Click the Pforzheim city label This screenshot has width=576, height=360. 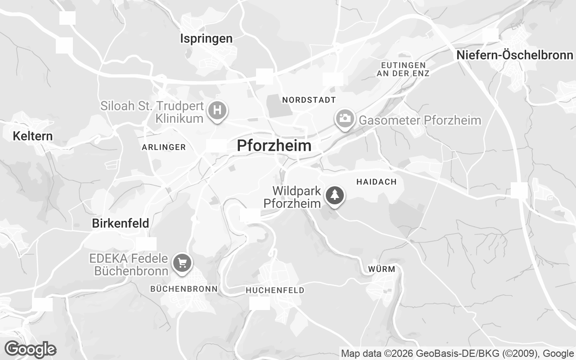click(274, 145)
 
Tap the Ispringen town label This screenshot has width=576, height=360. click(206, 39)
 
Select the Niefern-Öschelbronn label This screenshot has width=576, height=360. click(515, 55)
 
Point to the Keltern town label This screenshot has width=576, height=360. click(33, 136)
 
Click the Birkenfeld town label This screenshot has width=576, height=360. click(120, 223)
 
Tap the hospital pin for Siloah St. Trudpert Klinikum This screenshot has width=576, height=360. click(217, 110)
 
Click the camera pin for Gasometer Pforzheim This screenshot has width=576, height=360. click(345, 119)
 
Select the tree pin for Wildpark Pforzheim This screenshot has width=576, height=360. click(334, 196)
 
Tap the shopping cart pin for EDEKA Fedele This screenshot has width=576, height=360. click(182, 262)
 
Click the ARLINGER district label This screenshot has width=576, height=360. click(164, 147)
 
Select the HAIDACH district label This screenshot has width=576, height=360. click(376, 182)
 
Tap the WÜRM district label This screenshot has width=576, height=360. click(382, 269)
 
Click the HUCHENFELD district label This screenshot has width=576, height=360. click(275, 290)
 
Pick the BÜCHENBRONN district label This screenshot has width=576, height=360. click(184, 288)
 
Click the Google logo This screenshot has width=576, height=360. click(30, 349)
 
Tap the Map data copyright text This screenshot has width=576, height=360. click(457, 353)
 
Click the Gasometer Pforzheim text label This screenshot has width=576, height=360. click(420, 120)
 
